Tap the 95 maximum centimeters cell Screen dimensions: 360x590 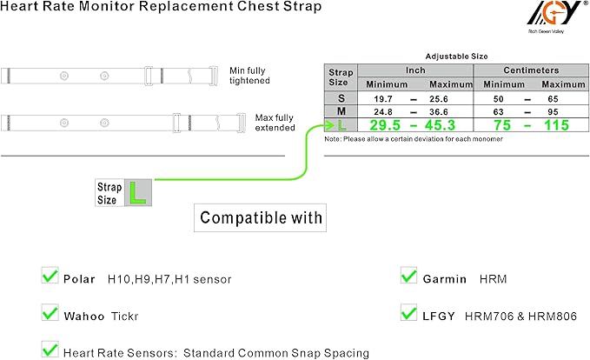coord(553,111)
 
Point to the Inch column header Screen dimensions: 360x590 coord(414,70)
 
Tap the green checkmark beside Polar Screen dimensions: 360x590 coord(50,277)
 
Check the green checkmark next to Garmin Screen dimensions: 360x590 coord(408,277)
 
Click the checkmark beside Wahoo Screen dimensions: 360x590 coord(50,313)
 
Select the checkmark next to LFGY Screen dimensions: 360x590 coord(408,313)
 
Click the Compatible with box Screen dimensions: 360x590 coord(258,217)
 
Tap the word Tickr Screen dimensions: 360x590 coord(123,314)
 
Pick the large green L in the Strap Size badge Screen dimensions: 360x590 coord(136,193)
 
